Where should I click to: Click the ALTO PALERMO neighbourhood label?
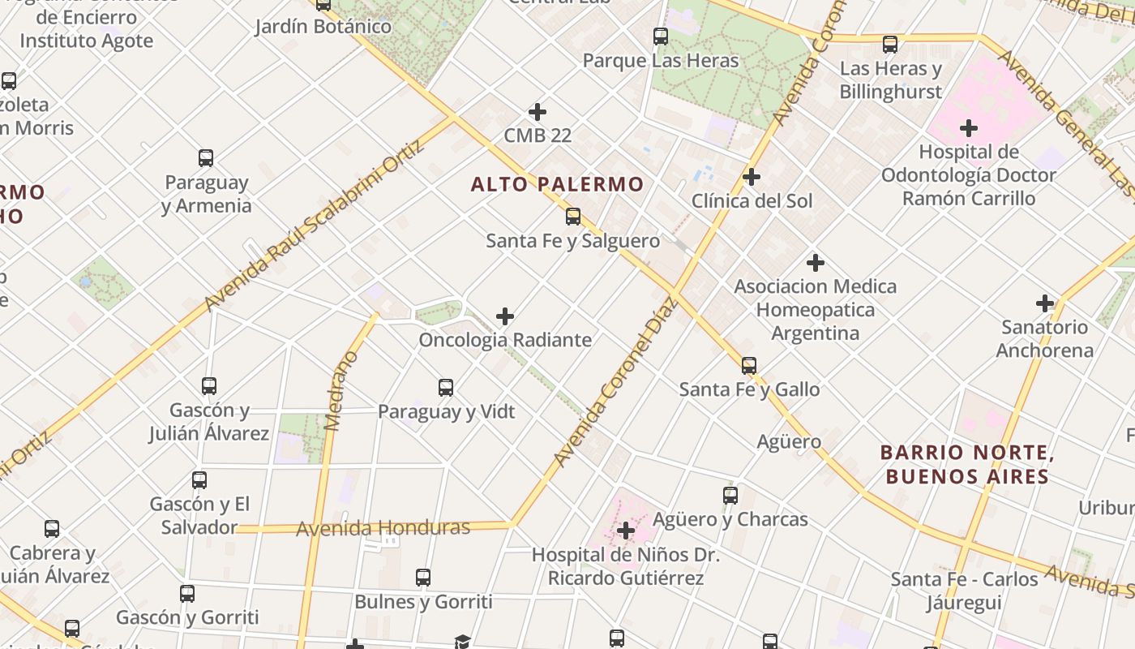(x=557, y=184)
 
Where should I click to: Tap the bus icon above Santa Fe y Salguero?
(x=573, y=217)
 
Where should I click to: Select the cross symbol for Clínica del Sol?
(x=752, y=176)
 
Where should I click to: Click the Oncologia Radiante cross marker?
(x=505, y=316)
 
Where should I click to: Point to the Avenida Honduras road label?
(x=383, y=528)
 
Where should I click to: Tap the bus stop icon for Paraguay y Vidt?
(x=446, y=387)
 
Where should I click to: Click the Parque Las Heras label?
(x=661, y=61)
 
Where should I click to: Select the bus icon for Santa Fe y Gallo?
(x=749, y=365)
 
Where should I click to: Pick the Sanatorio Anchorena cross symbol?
(x=1045, y=303)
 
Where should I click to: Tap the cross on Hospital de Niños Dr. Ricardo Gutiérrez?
(x=626, y=531)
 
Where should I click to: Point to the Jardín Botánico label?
(x=323, y=26)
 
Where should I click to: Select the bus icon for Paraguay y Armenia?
(x=206, y=157)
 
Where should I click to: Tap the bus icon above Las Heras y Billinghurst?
(x=890, y=45)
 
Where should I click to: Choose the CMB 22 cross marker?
(x=537, y=112)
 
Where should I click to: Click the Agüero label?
(x=789, y=441)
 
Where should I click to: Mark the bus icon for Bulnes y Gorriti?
(x=423, y=578)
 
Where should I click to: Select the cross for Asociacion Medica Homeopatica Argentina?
(x=816, y=263)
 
